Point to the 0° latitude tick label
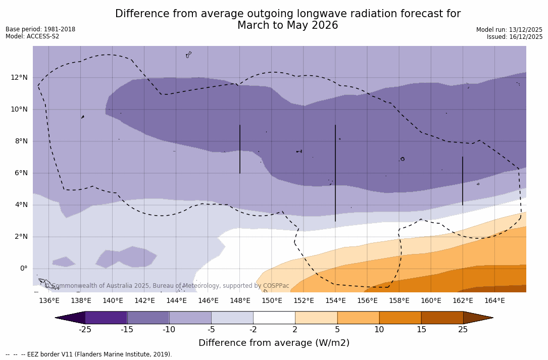click(x=23, y=268)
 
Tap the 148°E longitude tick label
click(x=240, y=300)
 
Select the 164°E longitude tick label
click(x=494, y=300)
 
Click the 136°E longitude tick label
click(x=49, y=300)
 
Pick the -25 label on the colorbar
click(x=85, y=330)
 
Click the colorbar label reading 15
click(x=421, y=330)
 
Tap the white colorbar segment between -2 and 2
click(x=274, y=318)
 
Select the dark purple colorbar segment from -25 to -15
click(x=106, y=318)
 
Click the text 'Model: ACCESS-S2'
click(x=32, y=36)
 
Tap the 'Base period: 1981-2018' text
click(x=40, y=29)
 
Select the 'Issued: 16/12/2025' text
click(x=514, y=37)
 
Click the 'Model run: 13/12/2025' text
click(x=509, y=30)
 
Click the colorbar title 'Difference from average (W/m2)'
click(x=274, y=343)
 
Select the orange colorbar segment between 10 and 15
click(x=400, y=318)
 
